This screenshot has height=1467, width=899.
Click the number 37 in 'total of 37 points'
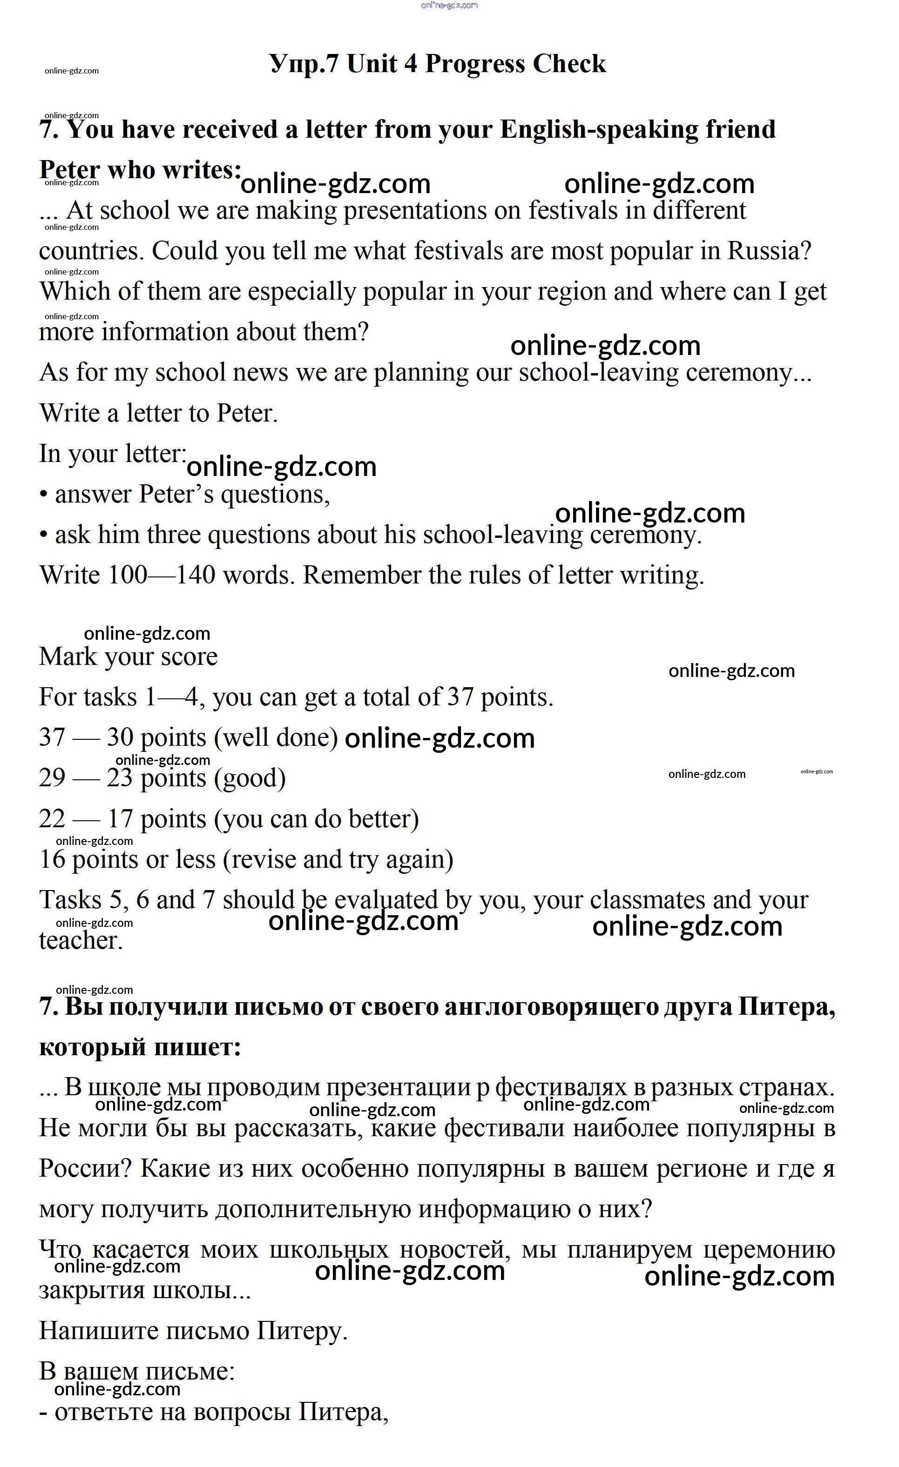[x=460, y=697]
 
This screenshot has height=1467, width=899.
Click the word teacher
[x=81, y=940]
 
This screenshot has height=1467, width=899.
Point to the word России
[x=85, y=1168]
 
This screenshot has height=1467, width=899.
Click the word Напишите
[x=98, y=1331]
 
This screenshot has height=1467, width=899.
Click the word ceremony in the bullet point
[x=645, y=535]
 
